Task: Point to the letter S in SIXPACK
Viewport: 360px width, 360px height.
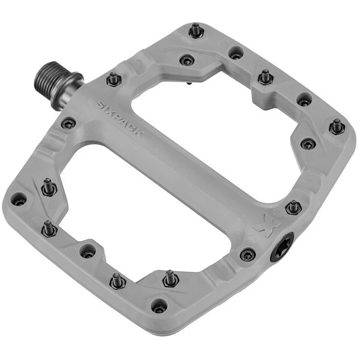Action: (x=100, y=105)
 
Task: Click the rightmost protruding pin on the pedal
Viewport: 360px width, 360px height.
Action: (x=337, y=127)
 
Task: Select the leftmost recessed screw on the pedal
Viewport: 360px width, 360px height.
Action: (x=19, y=199)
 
